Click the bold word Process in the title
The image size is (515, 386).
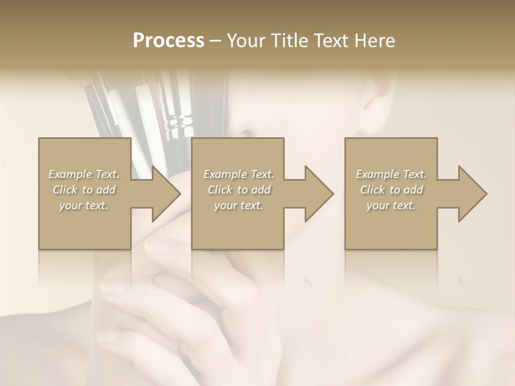(168, 41)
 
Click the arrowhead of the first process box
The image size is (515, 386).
(166, 194)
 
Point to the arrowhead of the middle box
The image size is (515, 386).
(319, 194)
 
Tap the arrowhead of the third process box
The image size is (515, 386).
(473, 194)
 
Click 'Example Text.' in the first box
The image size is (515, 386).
(84, 174)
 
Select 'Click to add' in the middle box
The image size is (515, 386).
(239, 190)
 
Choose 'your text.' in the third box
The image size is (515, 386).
(391, 205)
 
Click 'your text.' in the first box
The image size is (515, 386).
(84, 205)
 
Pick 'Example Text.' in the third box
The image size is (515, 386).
(391, 174)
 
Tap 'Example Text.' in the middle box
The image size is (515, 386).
(239, 174)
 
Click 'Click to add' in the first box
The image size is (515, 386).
(84, 190)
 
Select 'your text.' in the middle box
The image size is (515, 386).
(239, 205)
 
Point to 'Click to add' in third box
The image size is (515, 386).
(391, 190)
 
